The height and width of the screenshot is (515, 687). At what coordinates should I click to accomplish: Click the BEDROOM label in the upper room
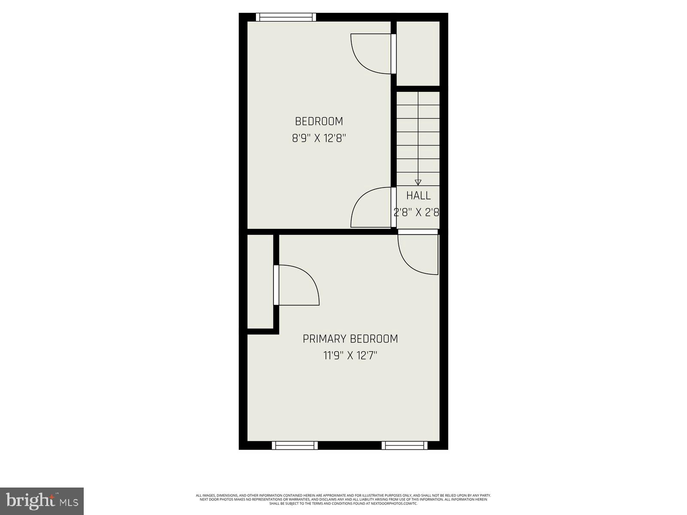coord(319,121)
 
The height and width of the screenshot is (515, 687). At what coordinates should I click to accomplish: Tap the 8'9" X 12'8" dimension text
coord(319,139)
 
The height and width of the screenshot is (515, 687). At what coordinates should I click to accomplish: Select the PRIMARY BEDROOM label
coord(350,339)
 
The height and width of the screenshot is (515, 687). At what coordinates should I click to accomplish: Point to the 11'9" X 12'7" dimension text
coord(350,356)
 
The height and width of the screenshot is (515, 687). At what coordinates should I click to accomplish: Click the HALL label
coord(419,196)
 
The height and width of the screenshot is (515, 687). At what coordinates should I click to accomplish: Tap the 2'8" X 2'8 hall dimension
coord(417,212)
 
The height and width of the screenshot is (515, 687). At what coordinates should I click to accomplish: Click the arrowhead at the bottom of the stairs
coord(418,182)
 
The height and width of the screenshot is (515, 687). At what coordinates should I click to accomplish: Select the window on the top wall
coord(286,17)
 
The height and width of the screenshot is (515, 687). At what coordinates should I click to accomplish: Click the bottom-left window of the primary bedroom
coord(295,445)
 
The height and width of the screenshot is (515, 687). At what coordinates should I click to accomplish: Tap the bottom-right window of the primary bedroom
coord(404,445)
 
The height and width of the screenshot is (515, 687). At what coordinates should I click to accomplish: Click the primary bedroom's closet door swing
coord(297,285)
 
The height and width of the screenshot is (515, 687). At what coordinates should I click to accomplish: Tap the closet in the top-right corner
coord(418,53)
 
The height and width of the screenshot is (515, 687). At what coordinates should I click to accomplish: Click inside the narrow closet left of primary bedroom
coord(261,281)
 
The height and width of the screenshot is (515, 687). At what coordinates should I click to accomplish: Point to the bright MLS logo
coord(42,500)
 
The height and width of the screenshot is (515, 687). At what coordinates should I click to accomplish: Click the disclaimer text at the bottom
coord(343,499)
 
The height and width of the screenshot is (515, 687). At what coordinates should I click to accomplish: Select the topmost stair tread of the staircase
coord(418,98)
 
